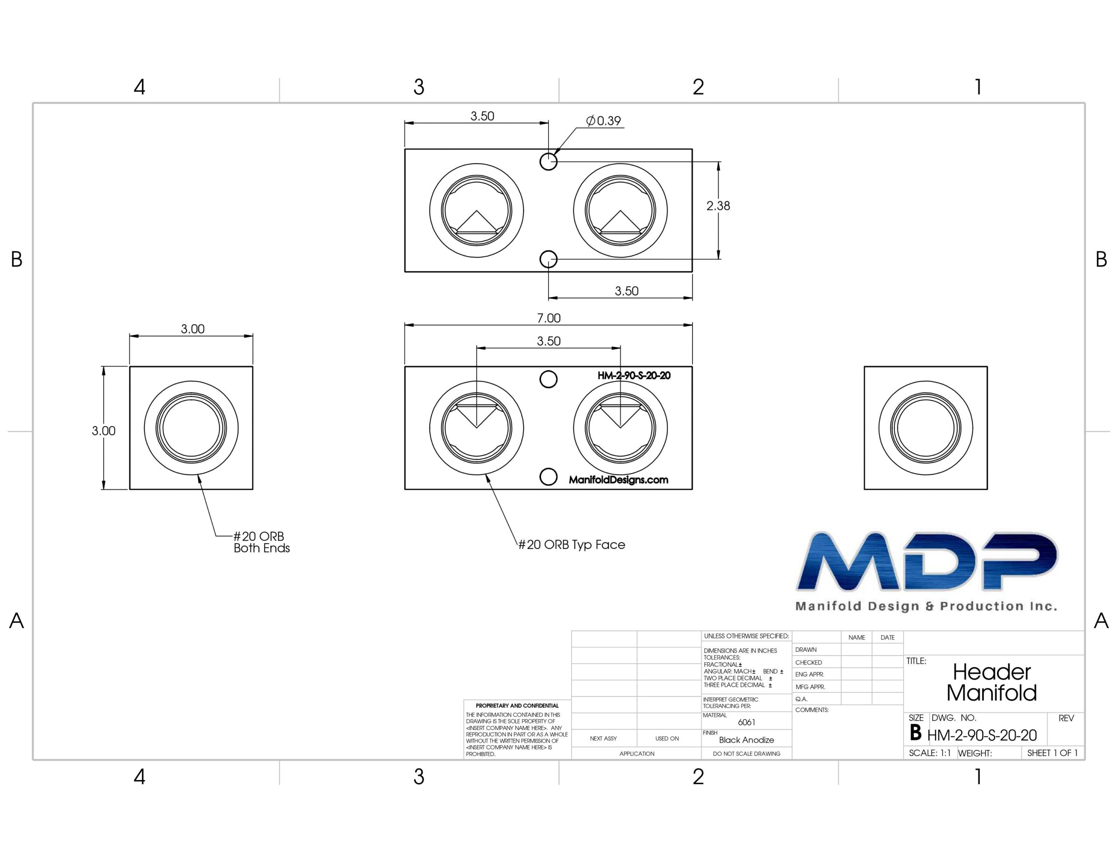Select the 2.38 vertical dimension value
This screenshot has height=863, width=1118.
[718, 205]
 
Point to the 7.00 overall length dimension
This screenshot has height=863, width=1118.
[549, 318]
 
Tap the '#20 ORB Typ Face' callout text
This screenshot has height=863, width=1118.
[572, 545]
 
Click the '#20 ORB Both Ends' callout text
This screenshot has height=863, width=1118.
[262, 542]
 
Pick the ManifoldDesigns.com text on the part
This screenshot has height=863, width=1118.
[618, 480]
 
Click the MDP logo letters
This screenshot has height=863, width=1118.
[927, 561]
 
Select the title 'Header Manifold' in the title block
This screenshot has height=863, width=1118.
[991, 682]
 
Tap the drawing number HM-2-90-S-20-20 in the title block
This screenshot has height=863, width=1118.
[982, 736]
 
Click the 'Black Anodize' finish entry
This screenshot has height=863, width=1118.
[746, 740]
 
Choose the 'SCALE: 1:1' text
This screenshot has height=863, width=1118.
[930, 753]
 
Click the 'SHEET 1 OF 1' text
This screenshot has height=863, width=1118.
[1052, 753]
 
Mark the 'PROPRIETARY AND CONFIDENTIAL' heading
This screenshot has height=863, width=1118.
[517, 705]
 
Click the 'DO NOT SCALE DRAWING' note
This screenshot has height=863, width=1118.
[746, 753]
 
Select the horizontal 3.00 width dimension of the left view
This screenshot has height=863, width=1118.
[193, 329]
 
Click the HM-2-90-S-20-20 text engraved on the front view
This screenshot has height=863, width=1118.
[634, 376]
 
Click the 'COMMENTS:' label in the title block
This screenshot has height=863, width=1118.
[812, 710]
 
